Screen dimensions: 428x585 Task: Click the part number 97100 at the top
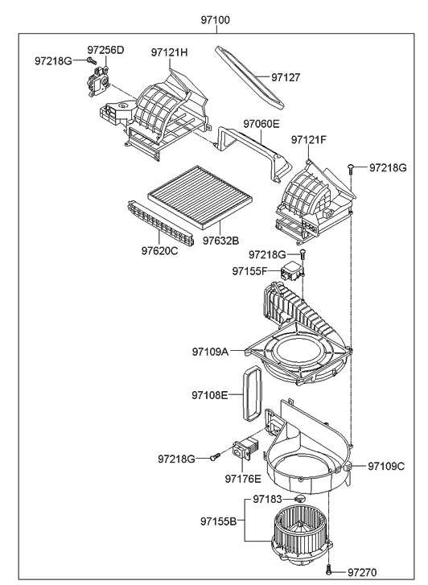[216, 20]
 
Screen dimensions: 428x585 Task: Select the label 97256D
[105, 50]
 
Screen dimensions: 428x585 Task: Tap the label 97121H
[170, 52]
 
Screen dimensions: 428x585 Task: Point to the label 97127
[286, 77]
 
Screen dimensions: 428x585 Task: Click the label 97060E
[261, 123]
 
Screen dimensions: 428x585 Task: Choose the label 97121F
[309, 139]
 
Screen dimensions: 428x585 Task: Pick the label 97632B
[221, 241]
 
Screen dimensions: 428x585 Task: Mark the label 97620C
[160, 251]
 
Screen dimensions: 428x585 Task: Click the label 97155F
[249, 271]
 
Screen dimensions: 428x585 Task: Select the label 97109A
[210, 352]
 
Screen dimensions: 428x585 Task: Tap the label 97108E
[210, 395]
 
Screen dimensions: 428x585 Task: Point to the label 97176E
[243, 479]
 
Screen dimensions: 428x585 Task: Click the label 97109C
[386, 467]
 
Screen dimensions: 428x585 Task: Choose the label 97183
[268, 499]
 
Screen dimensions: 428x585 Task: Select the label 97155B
[218, 521]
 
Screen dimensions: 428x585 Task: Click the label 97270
[362, 572]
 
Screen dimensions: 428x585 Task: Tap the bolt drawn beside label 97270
[328, 571]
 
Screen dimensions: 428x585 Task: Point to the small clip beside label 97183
[299, 499]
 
